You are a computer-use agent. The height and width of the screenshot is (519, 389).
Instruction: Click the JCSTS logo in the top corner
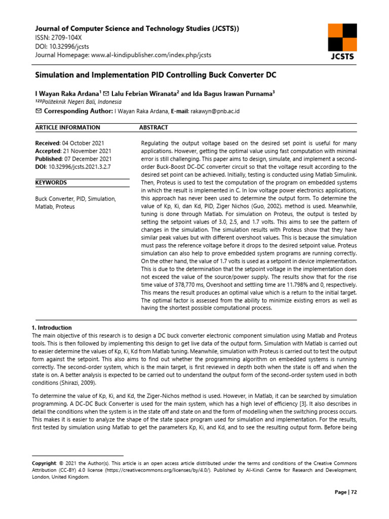pos(342,41)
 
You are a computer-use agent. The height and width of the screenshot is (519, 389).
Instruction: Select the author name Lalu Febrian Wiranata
pos(144,93)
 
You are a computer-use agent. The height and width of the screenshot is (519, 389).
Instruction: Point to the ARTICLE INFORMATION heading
pos(67,128)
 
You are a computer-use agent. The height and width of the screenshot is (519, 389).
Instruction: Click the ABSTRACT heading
pos(153,128)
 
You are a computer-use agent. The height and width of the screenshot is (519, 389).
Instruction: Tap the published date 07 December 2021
pos(94,159)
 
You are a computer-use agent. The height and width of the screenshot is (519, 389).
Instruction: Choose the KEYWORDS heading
pos(51,182)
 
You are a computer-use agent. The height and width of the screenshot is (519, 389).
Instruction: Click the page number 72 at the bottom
pos(354,492)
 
